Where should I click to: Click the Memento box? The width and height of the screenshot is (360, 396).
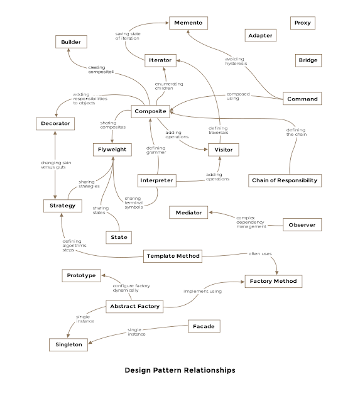click(x=187, y=23)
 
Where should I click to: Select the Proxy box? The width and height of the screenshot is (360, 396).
click(x=302, y=23)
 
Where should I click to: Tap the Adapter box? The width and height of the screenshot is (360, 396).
click(x=260, y=35)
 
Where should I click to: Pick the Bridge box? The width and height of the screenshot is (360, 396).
click(x=307, y=60)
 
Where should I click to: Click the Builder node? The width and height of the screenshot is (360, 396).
click(x=70, y=41)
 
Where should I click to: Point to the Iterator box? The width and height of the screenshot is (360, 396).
click(x=160, y=60)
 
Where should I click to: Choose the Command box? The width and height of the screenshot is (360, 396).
click(x=302, y=99)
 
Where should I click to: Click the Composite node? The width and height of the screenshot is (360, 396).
click(x=150, y=111)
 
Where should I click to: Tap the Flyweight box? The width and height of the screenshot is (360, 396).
click(x=112, y=149)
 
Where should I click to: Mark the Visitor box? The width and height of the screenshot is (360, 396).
click(x=224, y=150)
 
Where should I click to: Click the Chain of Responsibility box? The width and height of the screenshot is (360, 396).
click(x=284, y=180)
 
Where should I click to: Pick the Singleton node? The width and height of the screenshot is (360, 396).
click(x=68, y=344)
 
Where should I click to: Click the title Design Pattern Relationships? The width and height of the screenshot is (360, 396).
click(x=180, y=370)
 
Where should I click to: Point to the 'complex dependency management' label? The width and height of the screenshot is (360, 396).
click(x=251, y=221)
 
